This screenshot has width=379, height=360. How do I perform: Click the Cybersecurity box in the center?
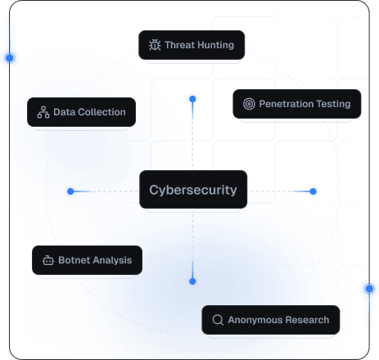click(x=193, y=190)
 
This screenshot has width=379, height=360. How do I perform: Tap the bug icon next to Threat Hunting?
click(x=154, y=45)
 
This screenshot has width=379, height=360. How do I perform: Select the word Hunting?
click(x=214, y=45)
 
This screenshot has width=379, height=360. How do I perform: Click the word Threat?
click(x=179, y=45)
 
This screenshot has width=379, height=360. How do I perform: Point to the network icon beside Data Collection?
click(x=43, y=112)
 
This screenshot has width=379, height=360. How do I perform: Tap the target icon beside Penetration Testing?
click(x=248, y=104)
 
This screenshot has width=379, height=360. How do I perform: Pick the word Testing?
click(x=334, y=104)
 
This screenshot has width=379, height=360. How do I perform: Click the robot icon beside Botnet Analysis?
click(x=47, y=261)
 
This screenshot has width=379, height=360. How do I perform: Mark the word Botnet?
click(x=74, y=261)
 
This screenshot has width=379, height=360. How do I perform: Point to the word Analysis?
click(x=112, y=261)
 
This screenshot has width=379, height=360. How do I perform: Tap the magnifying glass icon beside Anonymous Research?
click(x=217, y=320)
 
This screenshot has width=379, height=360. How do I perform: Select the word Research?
click(x=309, y=320)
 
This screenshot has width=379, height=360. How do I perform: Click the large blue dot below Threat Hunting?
click(x=192, y=100)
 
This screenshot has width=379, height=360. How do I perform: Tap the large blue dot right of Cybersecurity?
click(x=312, y=191)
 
